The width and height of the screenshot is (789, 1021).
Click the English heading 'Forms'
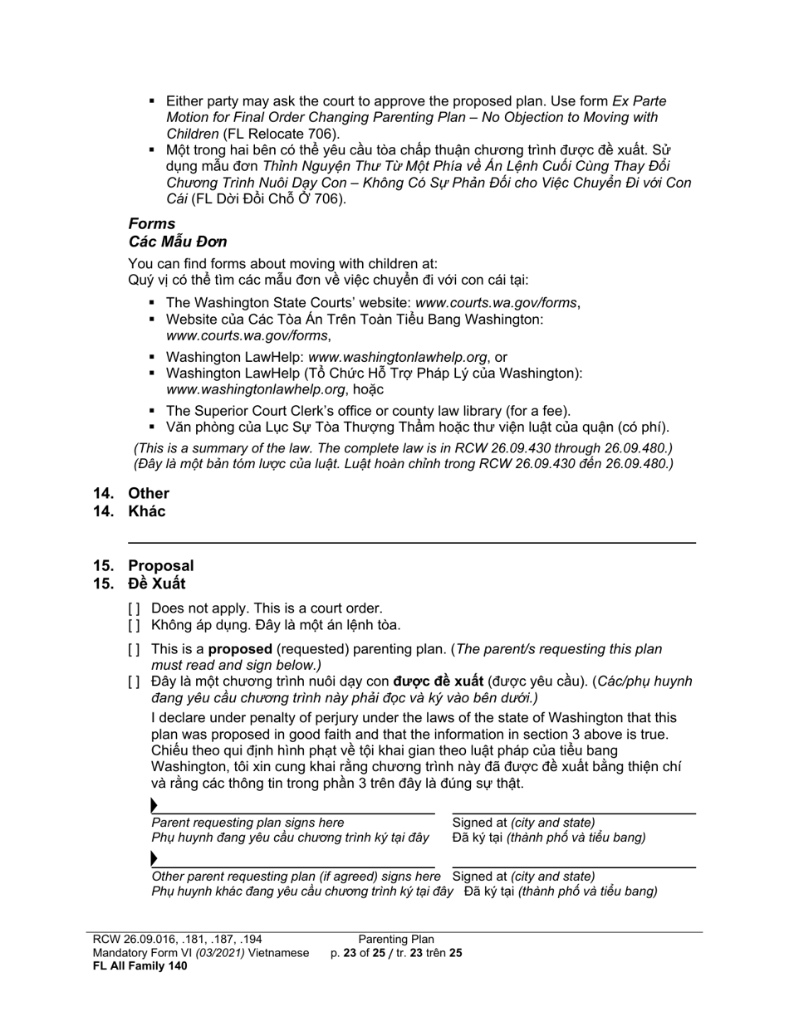tap(152, 223)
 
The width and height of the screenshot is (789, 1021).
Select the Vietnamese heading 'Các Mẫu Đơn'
tap(178, 242)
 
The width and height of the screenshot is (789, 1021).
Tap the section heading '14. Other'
tap(131, 493)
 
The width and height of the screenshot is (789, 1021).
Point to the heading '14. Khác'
tap(130, 511)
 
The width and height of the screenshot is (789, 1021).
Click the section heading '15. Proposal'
tap(143, 566)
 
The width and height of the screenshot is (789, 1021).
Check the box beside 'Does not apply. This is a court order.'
tap(134, 608)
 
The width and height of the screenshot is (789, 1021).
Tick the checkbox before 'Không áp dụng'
tap(134, 625)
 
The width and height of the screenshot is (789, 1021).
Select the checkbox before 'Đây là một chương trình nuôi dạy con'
tap(134, 681)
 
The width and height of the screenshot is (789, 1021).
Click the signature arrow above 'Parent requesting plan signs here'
tap(154, 805)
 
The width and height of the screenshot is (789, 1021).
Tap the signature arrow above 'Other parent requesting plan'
tap(154, 858)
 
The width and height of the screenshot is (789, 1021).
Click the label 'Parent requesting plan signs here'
tap(247, 822)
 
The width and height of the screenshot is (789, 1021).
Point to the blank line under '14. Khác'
tap(412, 542)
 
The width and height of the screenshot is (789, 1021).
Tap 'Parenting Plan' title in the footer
tap(396, 940)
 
